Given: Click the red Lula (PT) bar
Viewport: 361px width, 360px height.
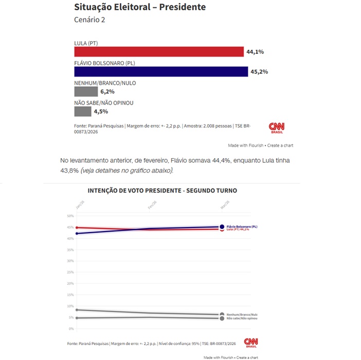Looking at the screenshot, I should [x=159, y=52].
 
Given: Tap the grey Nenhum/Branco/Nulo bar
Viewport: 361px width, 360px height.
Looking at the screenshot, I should [x=86, y=91].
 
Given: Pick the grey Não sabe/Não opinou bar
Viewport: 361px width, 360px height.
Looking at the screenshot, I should [x=82, y=111].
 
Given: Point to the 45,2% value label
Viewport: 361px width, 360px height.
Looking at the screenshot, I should [x=259, y=71].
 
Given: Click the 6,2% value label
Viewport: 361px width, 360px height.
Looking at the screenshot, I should [x=107, y=91].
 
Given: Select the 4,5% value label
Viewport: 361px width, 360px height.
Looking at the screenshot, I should [x=100, y=111].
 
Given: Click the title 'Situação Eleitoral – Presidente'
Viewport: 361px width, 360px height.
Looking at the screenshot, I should [x=140, y=7].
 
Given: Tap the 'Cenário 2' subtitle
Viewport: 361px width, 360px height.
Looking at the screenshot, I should [x=90, y=20].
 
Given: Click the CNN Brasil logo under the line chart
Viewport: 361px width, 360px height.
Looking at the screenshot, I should [x=250, y=343].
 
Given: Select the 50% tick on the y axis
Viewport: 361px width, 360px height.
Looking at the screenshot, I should [x=71, y=216].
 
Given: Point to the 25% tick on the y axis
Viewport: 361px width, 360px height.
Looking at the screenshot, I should [x=71, y=272].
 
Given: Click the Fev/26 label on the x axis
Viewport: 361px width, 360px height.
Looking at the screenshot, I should [x=152, y=204].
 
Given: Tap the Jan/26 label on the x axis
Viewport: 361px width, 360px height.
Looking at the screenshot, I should [x=79, y=204].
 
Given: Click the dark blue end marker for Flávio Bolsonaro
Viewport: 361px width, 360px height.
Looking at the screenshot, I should [x=222, y=226].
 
